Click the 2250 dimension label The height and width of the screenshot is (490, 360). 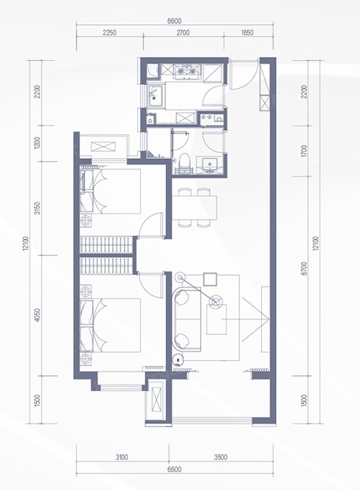click(109, 33)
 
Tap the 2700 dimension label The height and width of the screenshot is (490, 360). click(183, 33)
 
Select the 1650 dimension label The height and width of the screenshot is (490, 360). click(247, 33)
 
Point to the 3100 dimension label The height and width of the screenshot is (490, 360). click(122, 457)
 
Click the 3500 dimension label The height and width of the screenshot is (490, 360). click(221, 457)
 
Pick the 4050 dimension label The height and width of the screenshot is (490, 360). click(37, 315)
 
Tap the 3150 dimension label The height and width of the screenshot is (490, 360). click(37, 208)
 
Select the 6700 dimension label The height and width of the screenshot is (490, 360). click(305, 269)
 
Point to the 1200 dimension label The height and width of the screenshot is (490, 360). click(37, 143)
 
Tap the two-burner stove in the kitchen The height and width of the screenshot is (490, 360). click(186, 71)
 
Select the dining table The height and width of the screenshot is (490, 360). click(194, 207)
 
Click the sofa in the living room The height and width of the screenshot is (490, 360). click(187, 319)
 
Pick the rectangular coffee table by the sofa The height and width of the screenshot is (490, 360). click(217, 319)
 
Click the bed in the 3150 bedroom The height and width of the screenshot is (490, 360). click(111, 192)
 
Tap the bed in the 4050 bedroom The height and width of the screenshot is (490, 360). click(111, 326)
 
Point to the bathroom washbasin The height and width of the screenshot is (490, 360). click(210, 164)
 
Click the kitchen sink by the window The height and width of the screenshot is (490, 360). click(155, 97)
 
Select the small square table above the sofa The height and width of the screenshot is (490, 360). click(210, 280)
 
